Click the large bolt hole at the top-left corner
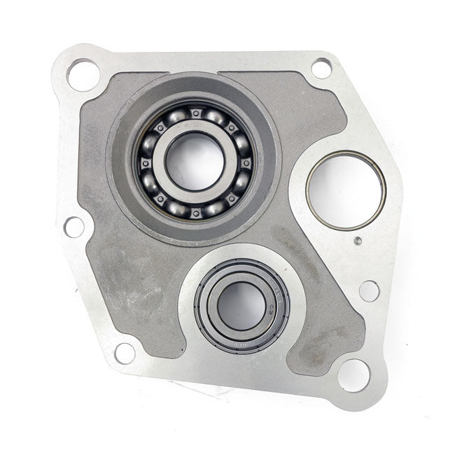click(83, 74)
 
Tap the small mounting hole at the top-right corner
click(321, 68)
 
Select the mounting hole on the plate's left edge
click(73, 226)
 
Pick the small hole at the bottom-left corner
click(125, 353)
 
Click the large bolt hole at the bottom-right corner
click(353, 374)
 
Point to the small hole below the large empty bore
click(369, 290)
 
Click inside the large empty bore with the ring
click(346, 190)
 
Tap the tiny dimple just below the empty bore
click(358, 241)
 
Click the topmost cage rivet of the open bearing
click(196, 111)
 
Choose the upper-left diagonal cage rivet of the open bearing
click(160, 127)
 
